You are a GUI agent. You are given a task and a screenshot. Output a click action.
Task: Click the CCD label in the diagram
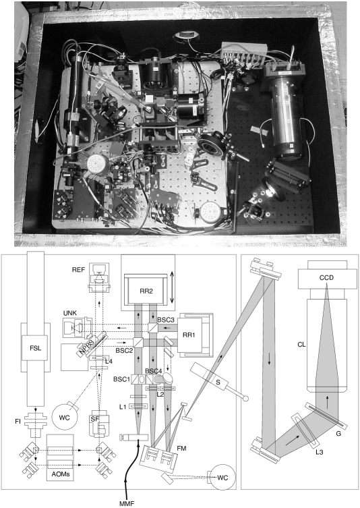326,278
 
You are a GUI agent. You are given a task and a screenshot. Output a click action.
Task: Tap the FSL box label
35,348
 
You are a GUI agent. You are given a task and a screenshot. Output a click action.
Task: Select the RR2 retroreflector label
146,291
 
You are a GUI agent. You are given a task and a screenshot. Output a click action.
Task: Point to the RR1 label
189,335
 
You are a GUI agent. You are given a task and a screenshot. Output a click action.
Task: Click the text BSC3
166,320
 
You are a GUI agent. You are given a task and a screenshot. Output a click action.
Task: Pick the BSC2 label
124,351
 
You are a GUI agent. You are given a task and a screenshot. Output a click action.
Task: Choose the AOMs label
61,474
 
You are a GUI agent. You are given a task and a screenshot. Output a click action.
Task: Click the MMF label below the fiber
127,503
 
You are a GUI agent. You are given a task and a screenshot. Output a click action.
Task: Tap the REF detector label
78,270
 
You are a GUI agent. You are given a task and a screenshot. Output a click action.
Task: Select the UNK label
70,313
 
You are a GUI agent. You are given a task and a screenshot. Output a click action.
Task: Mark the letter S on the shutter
218,383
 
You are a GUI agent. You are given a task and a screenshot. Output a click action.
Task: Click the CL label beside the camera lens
301,344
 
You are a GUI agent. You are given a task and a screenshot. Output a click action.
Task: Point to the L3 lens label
319,452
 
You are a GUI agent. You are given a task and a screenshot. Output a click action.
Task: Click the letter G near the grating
338,433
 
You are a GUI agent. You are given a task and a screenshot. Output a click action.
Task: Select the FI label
18,422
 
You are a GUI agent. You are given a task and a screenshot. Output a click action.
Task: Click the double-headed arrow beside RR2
172,287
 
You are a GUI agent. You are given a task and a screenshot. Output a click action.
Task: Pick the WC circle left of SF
65,417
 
